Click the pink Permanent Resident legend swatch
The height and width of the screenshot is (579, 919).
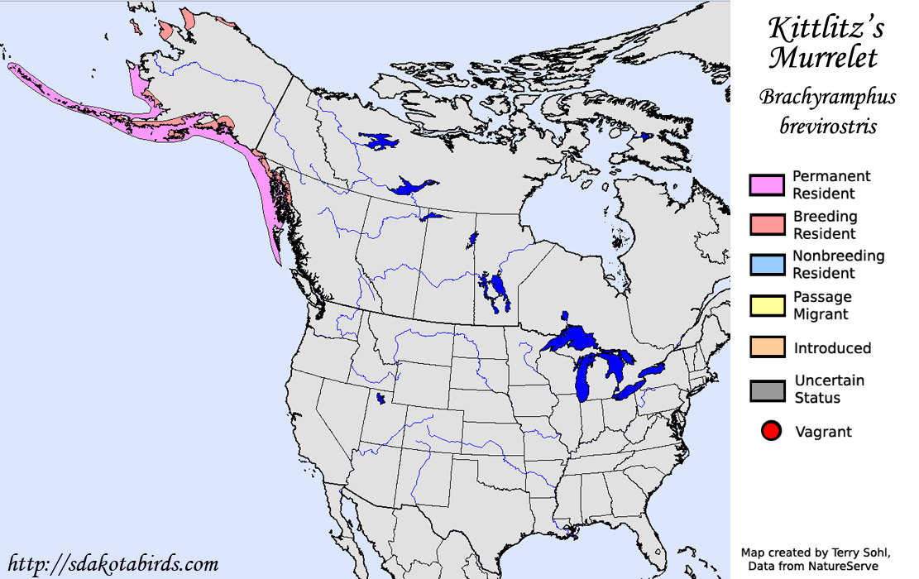point(766,185)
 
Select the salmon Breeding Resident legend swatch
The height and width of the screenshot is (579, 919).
point(766,226)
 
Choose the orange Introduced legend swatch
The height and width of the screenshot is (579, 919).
point(766,347)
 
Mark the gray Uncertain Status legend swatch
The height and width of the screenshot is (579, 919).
point(766,390)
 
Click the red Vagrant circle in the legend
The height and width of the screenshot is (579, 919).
point(771,431)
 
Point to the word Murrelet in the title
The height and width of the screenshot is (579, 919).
point(824,59)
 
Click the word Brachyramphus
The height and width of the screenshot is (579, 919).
point(828,98)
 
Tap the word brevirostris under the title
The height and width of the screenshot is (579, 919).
point(828,127)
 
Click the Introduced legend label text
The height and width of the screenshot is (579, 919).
point(832,348)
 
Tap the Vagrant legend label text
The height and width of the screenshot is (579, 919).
point(823,432)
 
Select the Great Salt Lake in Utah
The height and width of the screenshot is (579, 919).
point(381,399)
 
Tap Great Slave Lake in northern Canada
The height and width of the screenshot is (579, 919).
point(411,187)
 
